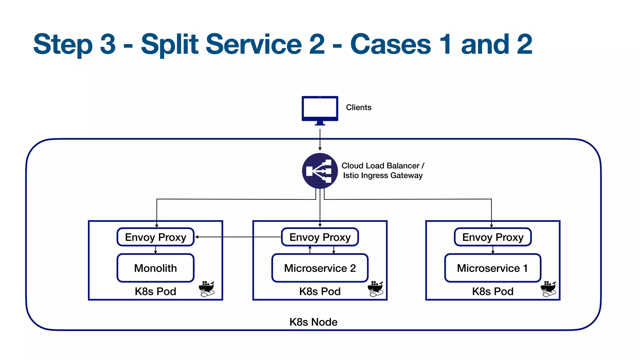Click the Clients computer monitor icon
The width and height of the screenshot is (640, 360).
tap(320, 109)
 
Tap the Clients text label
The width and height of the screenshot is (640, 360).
tap(358, 107)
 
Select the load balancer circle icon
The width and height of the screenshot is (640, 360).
tap(320, 171)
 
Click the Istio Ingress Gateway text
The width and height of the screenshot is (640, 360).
tap(382, 175)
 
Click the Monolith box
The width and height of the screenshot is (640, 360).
tap(155, 268)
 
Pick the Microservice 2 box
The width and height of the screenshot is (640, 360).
tap(320, 268)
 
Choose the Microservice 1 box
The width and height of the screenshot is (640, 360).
tap(492, 268)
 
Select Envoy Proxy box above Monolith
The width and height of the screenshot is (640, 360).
tap(155, 237)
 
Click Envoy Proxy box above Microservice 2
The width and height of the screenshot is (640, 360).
tap(320, 237)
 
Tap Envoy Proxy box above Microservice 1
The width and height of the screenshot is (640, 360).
tap(492, 237)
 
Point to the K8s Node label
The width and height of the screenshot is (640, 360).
tap(313, 322)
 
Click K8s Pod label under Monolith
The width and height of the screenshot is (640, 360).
tap(155, 291)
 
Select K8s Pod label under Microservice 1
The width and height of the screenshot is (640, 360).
tap(492, 291)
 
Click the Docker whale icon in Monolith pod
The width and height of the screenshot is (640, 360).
tap(207, 288)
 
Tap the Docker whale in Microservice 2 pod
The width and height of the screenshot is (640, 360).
tap(375, 288)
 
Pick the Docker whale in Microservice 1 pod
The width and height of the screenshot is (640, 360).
tap(548, 288)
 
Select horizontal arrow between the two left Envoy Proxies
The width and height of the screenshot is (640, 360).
tap(237, 237)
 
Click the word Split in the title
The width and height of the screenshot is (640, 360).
tap(170, 44)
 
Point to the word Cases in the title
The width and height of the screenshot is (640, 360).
tap(391, 44)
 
